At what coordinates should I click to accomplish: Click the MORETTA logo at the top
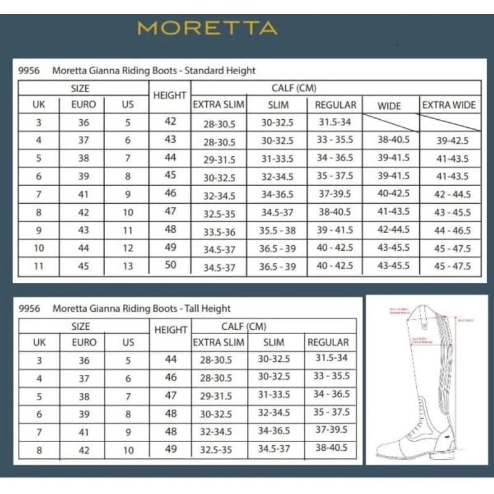(x=207, y=28)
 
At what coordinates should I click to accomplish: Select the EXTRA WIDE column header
(x=449, y=105)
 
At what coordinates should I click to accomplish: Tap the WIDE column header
(x=389, y=106)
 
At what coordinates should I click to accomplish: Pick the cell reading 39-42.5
(x=452, y=141)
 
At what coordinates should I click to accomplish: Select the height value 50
(x=170, y=266)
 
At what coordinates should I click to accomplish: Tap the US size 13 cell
(x=128, y=267)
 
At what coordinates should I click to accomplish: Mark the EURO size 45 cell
(x=84, y=267)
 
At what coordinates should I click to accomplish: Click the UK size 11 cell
(x=39, y=267)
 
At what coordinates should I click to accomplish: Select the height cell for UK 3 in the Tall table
(x=170, y=359)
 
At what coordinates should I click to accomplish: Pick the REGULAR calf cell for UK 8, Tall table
(x=331, y=448)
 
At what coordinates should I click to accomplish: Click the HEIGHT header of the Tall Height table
(x=170, y=330)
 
